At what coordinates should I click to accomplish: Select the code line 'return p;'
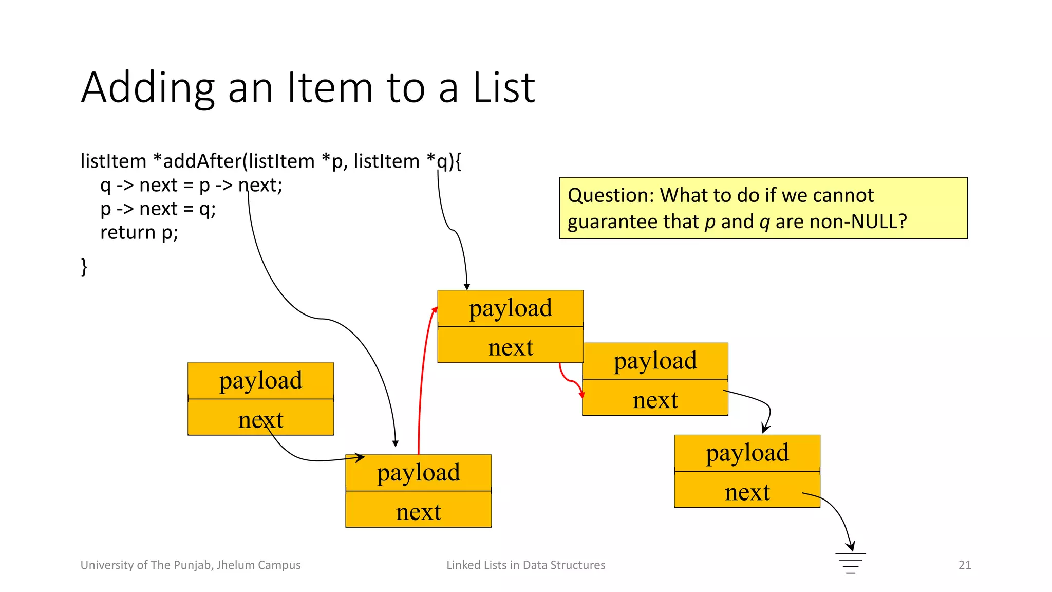(139, 233)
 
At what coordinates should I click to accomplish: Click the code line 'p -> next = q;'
(158, 209)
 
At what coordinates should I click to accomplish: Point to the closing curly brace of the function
(84, 267)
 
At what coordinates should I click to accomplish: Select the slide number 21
(965, 565)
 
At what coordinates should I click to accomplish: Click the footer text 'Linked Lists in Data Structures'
(525, 565)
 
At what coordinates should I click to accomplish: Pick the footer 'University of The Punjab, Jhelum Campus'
(191, 565)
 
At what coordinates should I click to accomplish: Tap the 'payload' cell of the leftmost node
(260, 381)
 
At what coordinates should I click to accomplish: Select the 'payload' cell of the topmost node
(511, 308)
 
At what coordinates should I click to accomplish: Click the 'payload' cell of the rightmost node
(747, 453)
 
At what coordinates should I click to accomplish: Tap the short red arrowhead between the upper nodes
(581, 395)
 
